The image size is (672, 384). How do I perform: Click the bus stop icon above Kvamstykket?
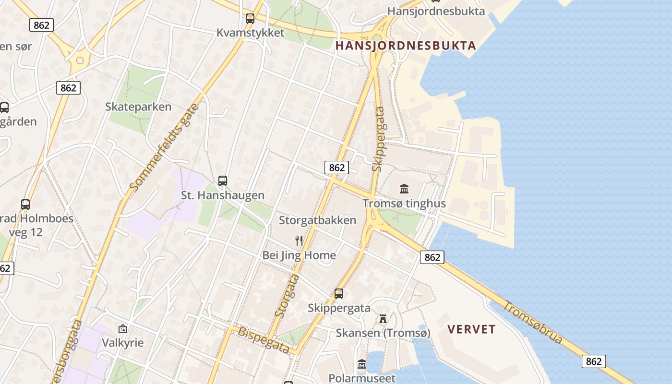(250, 19)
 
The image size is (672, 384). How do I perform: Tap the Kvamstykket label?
(250, 33)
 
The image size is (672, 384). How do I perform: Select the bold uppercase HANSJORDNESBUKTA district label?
(406, 46)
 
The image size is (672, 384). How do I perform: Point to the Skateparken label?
(138, 107)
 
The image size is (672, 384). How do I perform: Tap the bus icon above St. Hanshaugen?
(223, 181)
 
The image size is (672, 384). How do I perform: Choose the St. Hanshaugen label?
(223, 195)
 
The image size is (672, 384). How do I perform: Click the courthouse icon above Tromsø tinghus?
(404, 189)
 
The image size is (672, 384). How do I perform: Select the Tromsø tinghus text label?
(404, 204)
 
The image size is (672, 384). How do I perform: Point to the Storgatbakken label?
(318, 220)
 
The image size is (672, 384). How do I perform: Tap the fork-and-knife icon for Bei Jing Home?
(299, 240)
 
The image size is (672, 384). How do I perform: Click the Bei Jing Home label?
(299, 255)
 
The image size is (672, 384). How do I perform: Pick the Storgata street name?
(287, 295)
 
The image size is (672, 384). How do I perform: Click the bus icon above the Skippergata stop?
(339, 294)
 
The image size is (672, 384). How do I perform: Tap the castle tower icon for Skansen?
(383, 319)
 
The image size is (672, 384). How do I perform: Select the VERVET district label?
(471, 329)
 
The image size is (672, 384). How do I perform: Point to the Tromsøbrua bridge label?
(533, 322)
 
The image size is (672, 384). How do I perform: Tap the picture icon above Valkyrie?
(123, 329)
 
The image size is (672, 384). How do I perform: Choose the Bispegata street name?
(264, 340)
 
